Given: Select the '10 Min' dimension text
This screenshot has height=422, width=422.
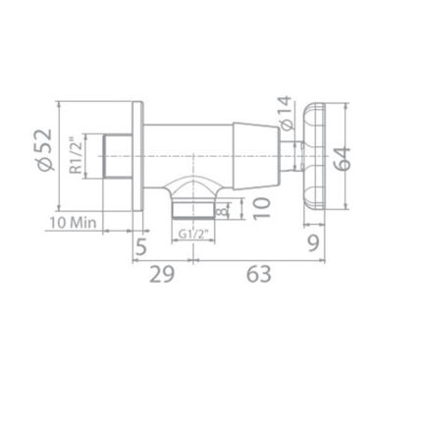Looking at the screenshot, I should (x=75, y=223).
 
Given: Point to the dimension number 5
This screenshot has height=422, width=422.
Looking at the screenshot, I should (x=141, y=244).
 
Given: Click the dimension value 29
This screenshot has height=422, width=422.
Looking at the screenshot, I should (x=162, y=274).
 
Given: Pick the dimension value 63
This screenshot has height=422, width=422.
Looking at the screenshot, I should (x=259, y=274).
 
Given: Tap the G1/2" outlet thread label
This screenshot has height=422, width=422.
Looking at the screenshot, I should (x=198, y=233).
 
